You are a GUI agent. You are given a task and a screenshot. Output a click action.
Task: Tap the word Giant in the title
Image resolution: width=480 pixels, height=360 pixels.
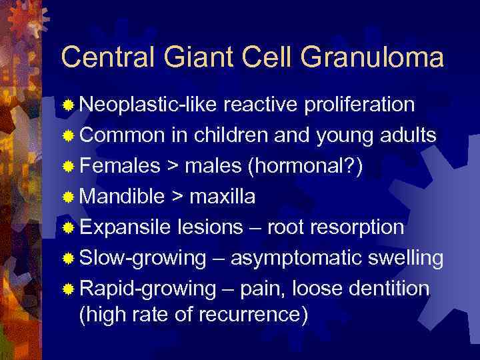coord(193,58)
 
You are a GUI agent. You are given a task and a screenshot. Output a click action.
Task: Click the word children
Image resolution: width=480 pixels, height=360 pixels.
coord(224,136)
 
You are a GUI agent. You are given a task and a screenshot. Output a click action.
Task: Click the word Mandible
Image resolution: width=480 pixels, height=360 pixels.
coord(122,197)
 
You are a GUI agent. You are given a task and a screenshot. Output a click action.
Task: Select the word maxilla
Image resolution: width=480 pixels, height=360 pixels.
coord(223,197)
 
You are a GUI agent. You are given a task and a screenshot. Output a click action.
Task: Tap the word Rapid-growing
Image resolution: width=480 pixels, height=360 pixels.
coord(147,289)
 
